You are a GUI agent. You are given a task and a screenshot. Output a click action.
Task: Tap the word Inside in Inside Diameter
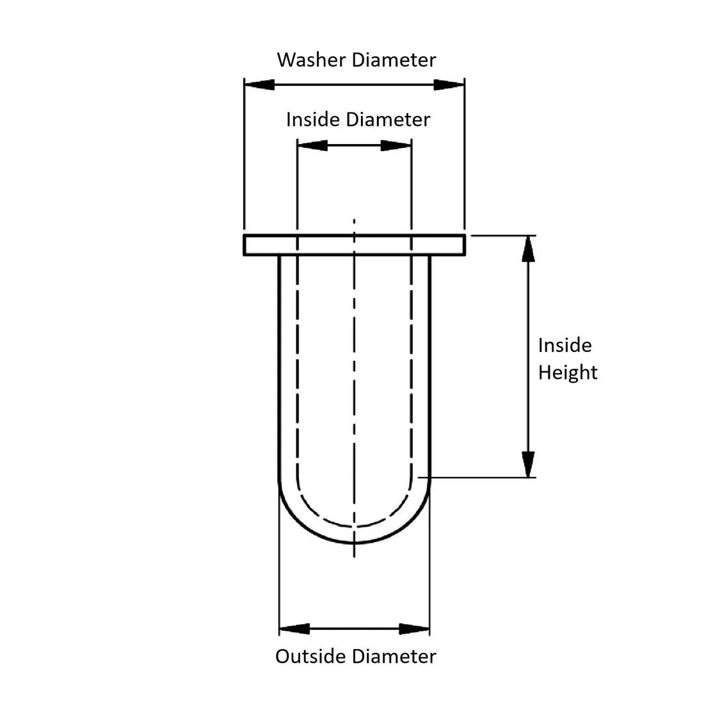point(313,120)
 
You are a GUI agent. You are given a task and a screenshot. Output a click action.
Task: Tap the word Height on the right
point(567,372)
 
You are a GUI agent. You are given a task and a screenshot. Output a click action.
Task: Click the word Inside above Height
point(564,346)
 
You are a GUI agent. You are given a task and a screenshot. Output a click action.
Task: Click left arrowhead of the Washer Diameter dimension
point(259,84)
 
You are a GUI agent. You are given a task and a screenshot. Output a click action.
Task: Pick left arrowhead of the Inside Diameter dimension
point(312,145)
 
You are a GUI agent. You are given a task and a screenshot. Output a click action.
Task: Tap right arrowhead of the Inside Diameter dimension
point(396,145)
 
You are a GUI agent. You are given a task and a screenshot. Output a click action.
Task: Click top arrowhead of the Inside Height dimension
point(528,250)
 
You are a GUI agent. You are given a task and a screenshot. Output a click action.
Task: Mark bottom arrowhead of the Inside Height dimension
point(528,464)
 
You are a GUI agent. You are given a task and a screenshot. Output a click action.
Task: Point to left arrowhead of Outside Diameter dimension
point(294,629)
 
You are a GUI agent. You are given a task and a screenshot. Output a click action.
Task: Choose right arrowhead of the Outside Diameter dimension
point(415,629)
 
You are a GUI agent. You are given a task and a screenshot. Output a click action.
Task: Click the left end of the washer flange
point(245,245)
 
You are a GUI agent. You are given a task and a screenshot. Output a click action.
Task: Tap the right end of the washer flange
point(463,245)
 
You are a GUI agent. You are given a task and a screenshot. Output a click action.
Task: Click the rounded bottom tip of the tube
point(355,543)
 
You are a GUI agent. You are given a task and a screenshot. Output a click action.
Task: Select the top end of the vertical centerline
point(355,221)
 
